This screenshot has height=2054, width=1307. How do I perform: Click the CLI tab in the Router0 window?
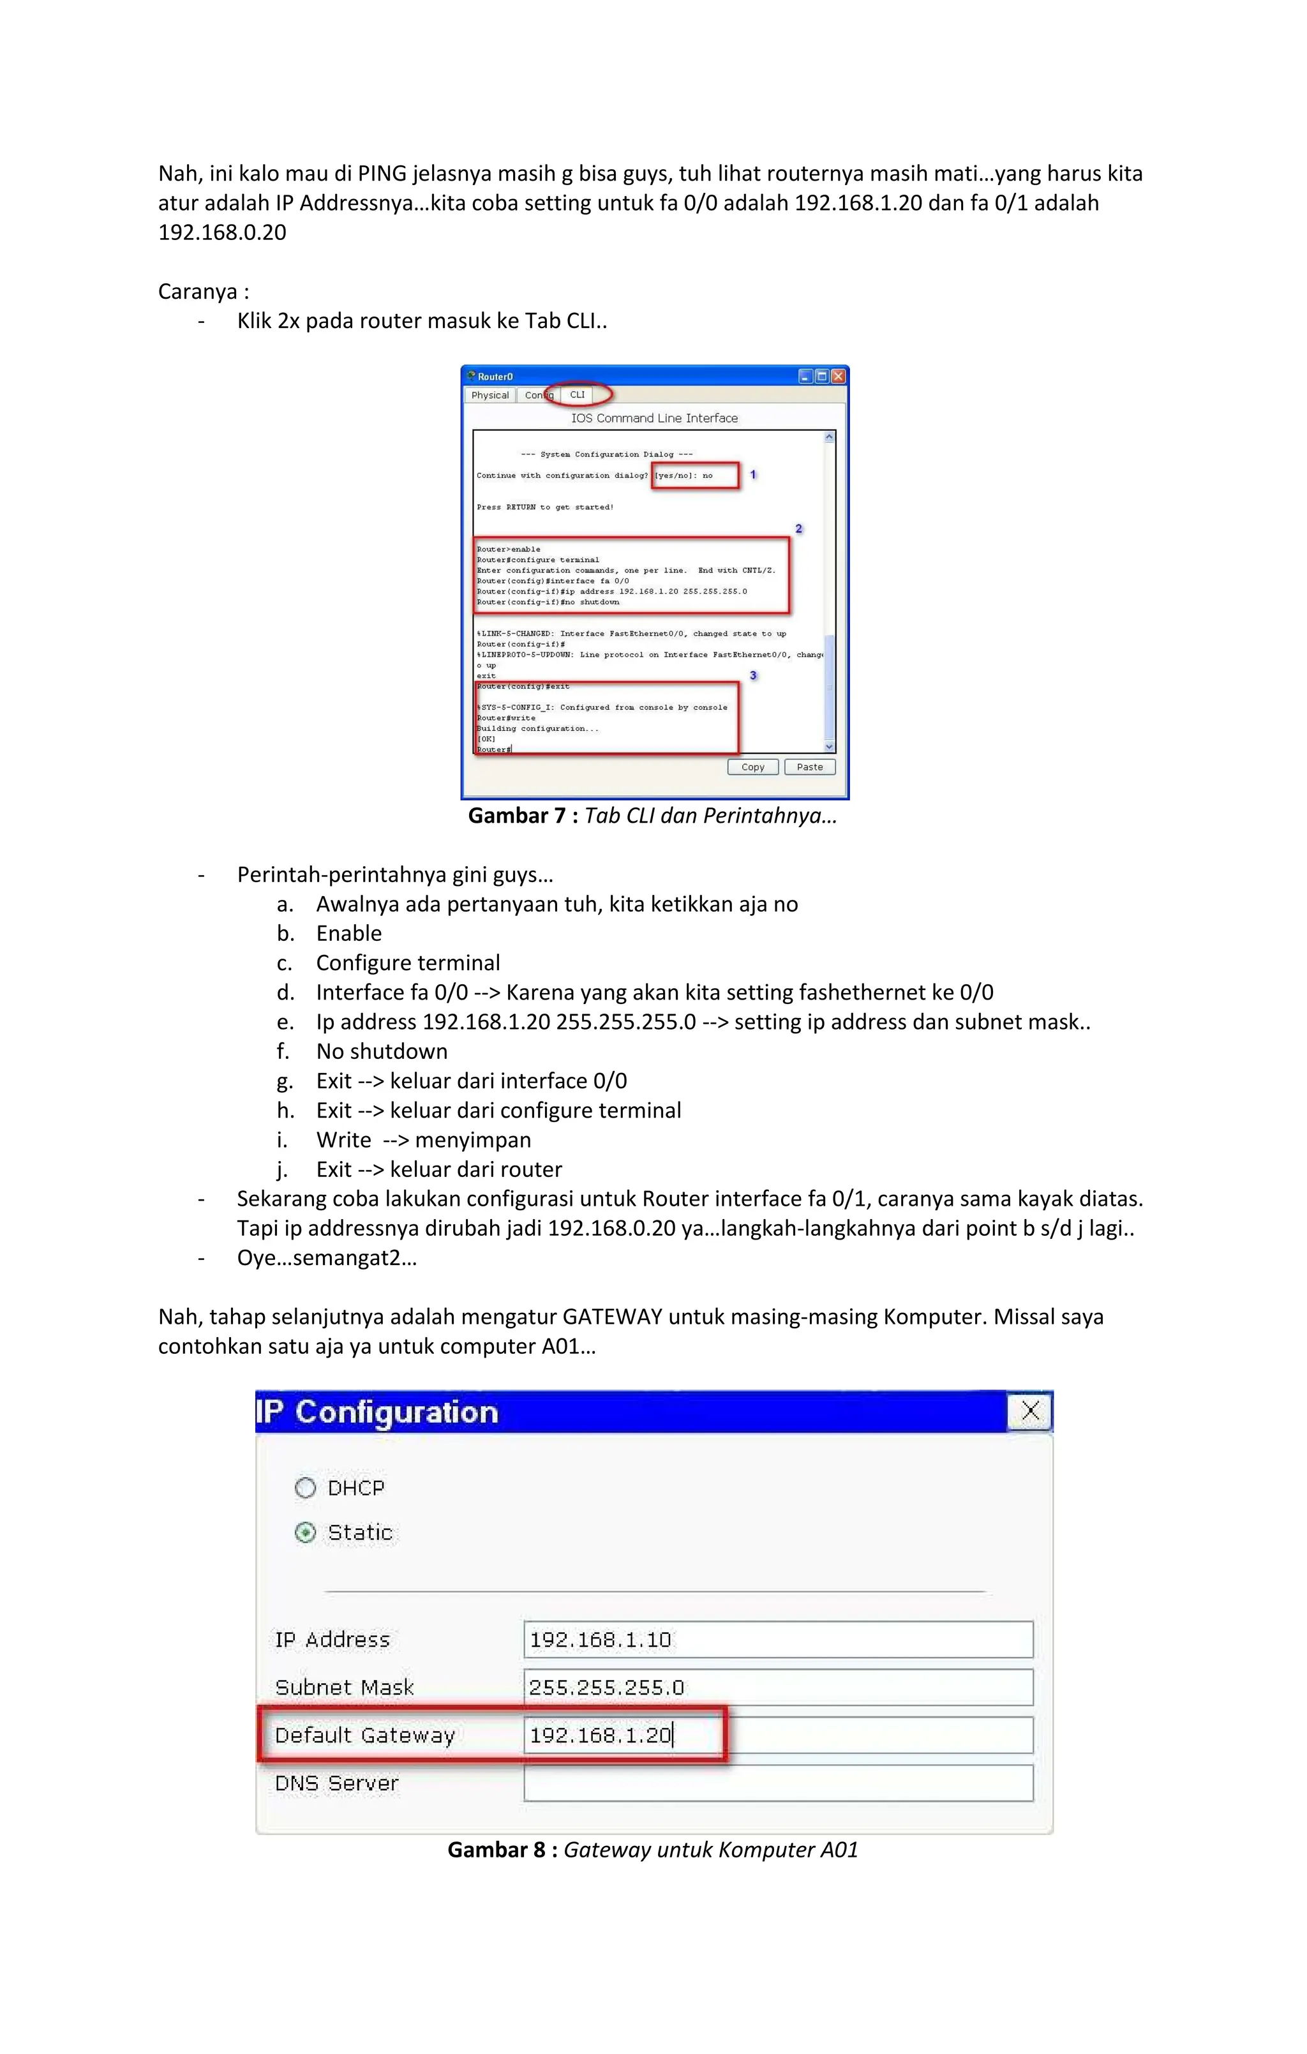(x=578, y=395)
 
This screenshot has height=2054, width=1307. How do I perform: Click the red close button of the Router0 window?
(x=838, y=376)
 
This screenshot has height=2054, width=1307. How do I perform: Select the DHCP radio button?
(x=306, y=1488)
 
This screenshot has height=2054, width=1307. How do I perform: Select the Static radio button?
(x=306, y=1533)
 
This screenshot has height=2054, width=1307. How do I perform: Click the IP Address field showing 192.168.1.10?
(x=777, y=1640)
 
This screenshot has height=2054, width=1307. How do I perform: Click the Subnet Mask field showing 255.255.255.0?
(x=777, y=1687)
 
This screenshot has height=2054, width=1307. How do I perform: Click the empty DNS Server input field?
(x=777, y=1783)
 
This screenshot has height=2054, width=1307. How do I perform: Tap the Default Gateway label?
(x=364, y=1735)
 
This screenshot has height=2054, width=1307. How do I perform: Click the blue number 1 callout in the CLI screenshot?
(x=753, y=474)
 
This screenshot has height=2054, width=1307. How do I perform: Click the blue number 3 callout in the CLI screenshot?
(x=753, y=675)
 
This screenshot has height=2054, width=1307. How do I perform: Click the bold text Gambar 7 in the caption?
(x=516, y=816)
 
